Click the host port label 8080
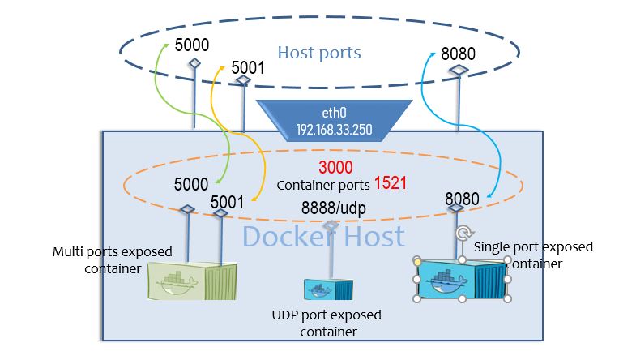458,54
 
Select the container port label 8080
462,198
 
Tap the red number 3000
335,169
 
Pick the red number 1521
390,183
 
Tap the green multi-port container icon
186,279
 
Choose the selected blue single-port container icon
462,280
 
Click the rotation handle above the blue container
462,234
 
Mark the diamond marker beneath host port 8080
459,71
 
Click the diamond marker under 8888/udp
330,225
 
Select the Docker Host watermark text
323,237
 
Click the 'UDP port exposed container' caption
327,323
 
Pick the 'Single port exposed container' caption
532,254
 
